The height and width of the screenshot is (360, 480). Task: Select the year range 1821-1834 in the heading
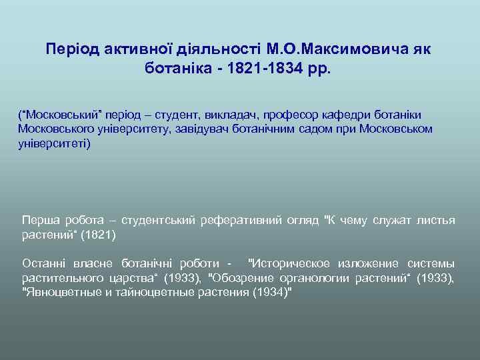(x=259, y=68)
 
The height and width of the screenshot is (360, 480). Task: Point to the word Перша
(x=39, y=221)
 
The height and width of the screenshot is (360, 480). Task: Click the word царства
(x=123, y=278)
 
